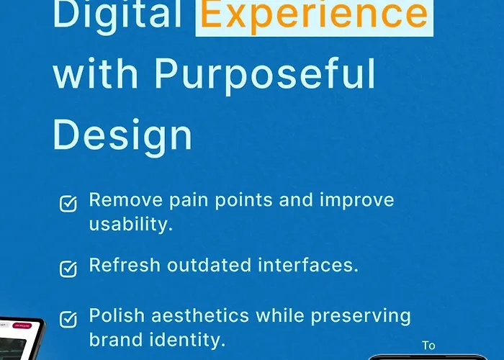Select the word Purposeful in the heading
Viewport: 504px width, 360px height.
(x=265, y=76)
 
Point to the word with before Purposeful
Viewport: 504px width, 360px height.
(x=96, y=73)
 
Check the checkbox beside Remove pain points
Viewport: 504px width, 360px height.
(x=68, y=204)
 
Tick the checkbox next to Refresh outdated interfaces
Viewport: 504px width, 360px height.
(x=68, y=269)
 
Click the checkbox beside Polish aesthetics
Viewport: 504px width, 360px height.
(x=68, y=319)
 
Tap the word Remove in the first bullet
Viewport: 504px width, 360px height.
(x=126, y=200)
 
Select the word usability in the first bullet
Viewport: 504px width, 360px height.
(x=131, y=224)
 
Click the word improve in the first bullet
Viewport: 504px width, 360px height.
(x=357, y=201)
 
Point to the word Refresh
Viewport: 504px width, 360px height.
(x=125, y=265)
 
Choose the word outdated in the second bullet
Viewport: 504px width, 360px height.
(x=209, y=265)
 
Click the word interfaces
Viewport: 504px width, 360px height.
(x=308, y=265)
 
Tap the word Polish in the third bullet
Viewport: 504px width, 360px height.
(x=117, y=315)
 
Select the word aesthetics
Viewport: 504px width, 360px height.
(x=200, y=315)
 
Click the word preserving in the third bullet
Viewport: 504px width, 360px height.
(x=361, y=316)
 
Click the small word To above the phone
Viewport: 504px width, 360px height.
(x=429, y=346)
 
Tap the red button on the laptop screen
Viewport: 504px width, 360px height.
(x=22, y=325)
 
